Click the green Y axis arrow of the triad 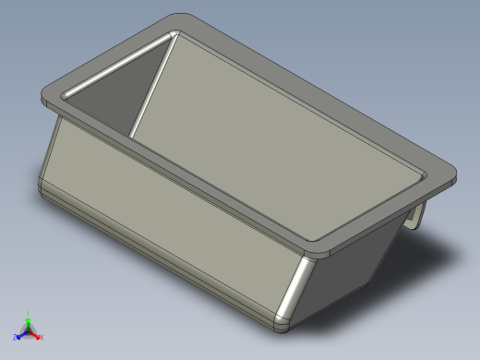[29, 319]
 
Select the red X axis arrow [36, 334]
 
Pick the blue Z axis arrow [22, 334]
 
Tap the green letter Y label [29, 313]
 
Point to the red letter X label [42, 337]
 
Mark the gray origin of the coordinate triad [29, 330]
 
